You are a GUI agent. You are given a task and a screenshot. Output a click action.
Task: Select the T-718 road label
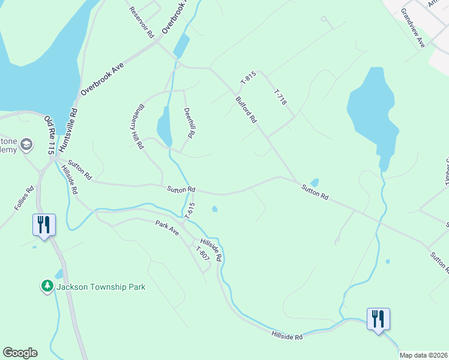click(280, 98)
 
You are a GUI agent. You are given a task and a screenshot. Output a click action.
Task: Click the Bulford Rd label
click(246, 110)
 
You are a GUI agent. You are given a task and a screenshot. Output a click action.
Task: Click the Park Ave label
click(167, 227)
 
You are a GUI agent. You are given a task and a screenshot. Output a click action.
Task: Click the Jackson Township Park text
click(101, 287)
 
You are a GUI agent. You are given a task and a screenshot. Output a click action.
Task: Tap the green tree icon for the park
click(47, 286)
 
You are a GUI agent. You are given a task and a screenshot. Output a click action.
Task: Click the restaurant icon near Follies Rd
click(44, 224)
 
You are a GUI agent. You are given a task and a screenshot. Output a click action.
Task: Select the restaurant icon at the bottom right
click(378, 319)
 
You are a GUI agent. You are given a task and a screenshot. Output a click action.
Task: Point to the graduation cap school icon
click(26, 145)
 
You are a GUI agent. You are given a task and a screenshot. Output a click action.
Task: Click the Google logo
click(20, 353)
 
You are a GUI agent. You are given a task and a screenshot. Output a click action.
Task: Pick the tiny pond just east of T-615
click(214, 209)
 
